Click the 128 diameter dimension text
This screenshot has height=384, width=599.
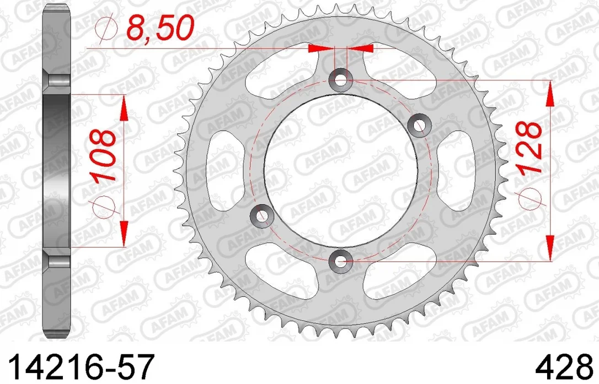(x=529, y=147)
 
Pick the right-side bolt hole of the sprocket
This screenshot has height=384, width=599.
(x=419, y=126)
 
